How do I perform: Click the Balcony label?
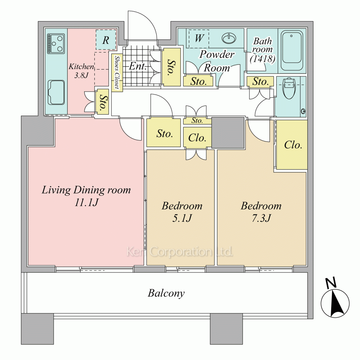(x=166, y=293)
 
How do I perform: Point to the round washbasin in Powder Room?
(x=229, y=38)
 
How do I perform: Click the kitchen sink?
(x=56, y=93)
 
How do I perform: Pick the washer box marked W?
(x=199, y=39)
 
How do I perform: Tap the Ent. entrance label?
(x=138, y=66)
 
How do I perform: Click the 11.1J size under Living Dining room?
(x=86, y=202)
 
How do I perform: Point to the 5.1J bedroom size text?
(x=182, y=218)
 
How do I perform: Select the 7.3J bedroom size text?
(x=261, y=218)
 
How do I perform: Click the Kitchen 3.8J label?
(x=81, y=71)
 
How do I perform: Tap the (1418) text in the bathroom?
(x=262, y=59)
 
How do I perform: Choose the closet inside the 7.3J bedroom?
(x=292, y=145)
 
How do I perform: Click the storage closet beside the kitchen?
(x=102, y=102)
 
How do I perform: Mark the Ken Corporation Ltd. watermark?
(x=180, y=252)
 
